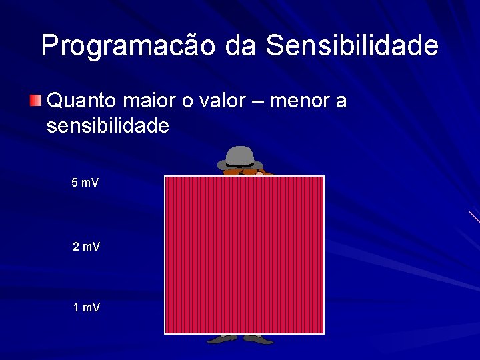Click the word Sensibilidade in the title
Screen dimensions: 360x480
pyautogui.click(x=351, y=46)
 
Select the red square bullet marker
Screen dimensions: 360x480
pyautogui.click(x=36, y=101)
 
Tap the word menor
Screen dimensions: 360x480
pyautogui.click(x=303, y=101)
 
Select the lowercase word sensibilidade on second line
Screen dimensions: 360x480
pyautogui.click(x=108, y=125)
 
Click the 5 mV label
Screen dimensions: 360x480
pyautogui.click(x=85, y=183)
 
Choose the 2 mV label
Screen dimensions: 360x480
pyautogui.click(x=86, y=247)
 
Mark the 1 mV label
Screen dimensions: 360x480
pyautogui.click(x=86, y=307)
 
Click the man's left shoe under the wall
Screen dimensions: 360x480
pyautogui.click(x=259, y=339)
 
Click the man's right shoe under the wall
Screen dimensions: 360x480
pyautogui.click(x=221, y=339)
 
